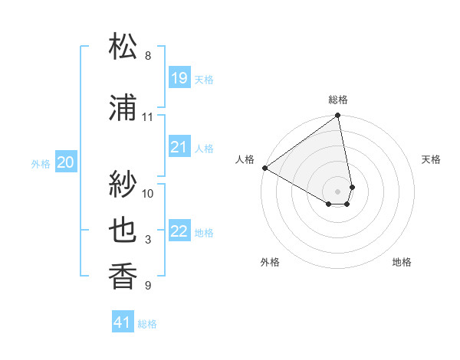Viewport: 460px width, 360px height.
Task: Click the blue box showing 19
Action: [x=179, y=77]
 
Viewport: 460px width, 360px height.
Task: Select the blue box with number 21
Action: [x=179, y=146]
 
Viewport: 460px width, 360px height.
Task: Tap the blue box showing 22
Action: [x=179, y=231]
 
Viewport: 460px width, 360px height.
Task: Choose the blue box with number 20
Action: [x=66, y=162]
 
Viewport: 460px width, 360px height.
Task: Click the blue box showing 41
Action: [x=123, y=322]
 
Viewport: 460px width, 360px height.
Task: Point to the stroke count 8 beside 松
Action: [x=148, y=56]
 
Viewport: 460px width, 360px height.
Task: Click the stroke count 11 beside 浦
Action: [x=148, y=117]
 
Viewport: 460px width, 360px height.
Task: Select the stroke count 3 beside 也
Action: [x=148, y=241]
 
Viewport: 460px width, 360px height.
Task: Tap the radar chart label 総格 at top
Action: [x=338, y=100]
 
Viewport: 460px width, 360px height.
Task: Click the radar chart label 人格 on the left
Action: [x=245, y=159]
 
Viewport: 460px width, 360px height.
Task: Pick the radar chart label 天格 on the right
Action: [x=432, y=159]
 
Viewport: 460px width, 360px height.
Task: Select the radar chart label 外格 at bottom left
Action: [x=270, y=263]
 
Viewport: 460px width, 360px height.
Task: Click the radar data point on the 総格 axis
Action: [x=338, y=116]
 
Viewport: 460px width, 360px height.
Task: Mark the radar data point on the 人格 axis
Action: [x=264, y=167]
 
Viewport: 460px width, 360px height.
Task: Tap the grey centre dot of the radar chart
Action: [x=338, y=191]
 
